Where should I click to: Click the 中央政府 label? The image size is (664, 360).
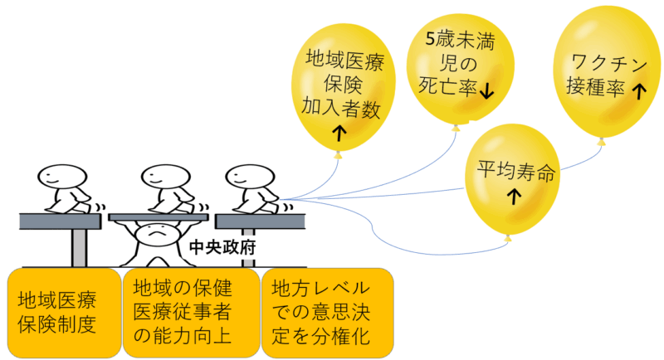222,247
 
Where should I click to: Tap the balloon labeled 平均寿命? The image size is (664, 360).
512,180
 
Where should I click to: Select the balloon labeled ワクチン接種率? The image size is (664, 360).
607,72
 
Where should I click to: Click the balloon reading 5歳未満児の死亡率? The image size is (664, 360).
461,68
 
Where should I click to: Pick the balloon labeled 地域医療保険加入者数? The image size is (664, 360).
343,88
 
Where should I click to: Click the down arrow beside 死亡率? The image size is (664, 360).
487,90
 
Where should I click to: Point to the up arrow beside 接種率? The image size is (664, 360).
639,90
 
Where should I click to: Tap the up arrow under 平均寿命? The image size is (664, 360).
514,197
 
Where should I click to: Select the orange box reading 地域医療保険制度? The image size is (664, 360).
65,313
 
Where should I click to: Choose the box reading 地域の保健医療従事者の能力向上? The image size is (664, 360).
191,313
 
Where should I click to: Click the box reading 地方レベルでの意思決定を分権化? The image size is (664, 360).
328,313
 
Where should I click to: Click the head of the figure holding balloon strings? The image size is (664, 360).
250,177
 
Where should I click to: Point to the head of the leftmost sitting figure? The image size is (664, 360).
62,177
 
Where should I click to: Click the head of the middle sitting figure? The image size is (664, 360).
165,177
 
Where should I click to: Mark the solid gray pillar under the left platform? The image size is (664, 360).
79,248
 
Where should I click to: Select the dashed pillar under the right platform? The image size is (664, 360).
248,248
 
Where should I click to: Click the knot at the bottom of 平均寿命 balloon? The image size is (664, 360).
508,239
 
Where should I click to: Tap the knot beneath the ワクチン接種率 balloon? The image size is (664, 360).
601,141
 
